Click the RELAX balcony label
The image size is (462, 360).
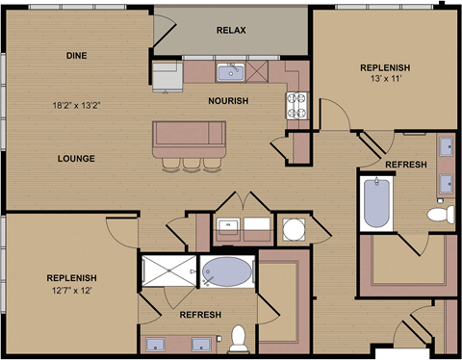click(x=231, y=30)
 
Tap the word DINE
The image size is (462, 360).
click(x=77, y=56)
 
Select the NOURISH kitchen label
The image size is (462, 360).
click(x=228, y=100)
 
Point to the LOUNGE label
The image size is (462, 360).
click(x=75, y=158)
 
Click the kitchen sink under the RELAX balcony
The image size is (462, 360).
click(x=231, y=71)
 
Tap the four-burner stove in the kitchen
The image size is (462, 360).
click(x=295, y=105)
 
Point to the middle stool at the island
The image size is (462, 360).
click(x=192, y=163)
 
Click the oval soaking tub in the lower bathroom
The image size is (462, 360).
click(x=228, y=272)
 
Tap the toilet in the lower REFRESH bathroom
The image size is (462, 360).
click(x=238, y=337)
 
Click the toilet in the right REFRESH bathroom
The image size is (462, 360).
click(x=441, y=213)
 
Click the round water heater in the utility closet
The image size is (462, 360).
click(x=293, y=229)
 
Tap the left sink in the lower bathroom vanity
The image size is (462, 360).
click(x=155, y=343)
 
